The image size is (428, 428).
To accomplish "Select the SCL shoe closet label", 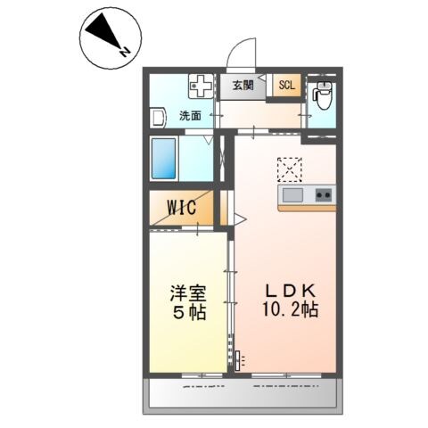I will (x=286, y=86).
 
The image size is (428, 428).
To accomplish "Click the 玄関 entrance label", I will (x=243, y=86).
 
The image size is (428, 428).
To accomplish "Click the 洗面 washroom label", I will (x=189, y=115).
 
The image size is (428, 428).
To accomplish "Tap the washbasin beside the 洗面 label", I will (x=157, y=117).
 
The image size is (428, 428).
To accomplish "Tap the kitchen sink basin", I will (x=293, y=194).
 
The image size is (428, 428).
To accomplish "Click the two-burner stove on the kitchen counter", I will (x=323, y=194).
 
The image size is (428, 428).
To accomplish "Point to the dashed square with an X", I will (x=290, y=169).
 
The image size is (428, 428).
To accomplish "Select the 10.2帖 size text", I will (x=288, y=311).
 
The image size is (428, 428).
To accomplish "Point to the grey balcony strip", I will (x=241, y=392).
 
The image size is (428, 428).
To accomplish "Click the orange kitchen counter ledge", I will (x=307, y=208).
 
